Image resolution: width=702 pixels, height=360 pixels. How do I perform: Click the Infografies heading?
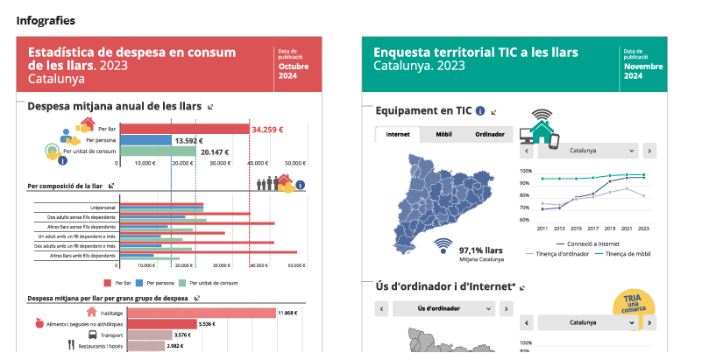pos(45,20)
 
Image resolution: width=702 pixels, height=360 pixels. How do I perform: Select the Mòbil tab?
pos(443,135)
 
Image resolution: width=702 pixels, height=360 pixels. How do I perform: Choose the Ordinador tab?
pos(489,135)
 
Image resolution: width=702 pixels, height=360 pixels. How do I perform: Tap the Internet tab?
pos(398,135)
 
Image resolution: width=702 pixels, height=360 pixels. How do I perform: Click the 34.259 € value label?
pos(267,130)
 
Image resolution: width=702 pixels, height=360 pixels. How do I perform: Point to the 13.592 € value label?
pos(188,140)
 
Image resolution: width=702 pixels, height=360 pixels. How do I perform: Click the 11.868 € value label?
pos(287,313)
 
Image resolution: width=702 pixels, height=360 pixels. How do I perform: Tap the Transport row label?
pos(110,335)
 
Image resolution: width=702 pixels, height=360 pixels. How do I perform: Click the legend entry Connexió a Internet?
pos(590,244)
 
